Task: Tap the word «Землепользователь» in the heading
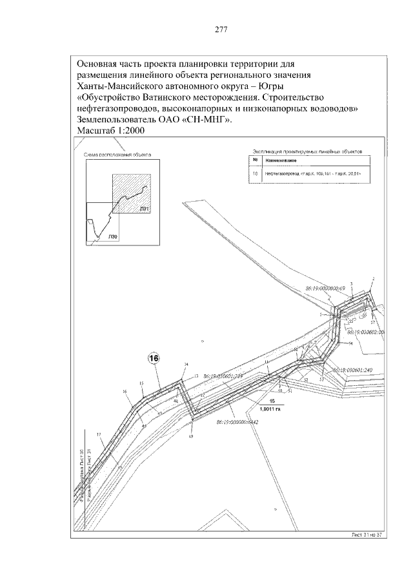pos(121,119)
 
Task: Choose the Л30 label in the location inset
pos(113,237)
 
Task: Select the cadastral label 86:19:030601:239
pos(221,376)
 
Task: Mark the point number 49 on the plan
pos(191,437)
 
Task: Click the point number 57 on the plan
pos(373,321)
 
